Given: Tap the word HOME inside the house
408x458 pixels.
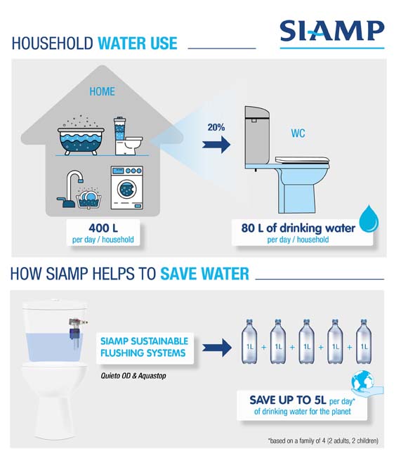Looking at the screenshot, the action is pyautogui.click(x=102, y=91).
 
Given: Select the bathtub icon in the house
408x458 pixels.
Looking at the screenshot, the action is pyautogui.click(x=81, y=136).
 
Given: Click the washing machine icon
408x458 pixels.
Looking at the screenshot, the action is pyautogui.click(x=127, y=188).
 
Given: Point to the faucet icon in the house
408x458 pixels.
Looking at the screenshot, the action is pyautogui.click(x=70, y=188).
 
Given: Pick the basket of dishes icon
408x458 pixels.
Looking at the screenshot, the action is pyautogui.click(x=88, y=198).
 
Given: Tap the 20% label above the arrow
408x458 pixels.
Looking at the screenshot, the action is pyautogui.click(x=216, y=127).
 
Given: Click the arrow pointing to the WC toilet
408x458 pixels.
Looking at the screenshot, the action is pyautogui.click(x=216, y=144).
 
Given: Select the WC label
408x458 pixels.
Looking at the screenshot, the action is pyautogui.click(x=298, y=133).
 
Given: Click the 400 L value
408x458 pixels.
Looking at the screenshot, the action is pyautogui.click(x=103, y=228).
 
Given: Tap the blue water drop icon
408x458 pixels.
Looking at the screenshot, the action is pyautogui.click(x=369, y=218).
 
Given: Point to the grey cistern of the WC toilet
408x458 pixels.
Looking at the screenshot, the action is pyautogui.click(x=257, y=137).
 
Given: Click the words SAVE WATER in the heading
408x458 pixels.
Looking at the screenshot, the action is pyautogui.click(x=204, y=273).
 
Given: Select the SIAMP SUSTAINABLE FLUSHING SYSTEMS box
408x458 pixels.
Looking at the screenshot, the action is pyautogui.click(x=145, y=348).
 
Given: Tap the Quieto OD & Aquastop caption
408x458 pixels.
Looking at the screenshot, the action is pyautogui.click(x=133, y=376).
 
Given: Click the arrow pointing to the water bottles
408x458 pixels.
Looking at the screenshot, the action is pyautogui.click(x=217, y=347).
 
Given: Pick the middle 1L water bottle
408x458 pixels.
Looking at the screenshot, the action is pyautogui.click(x=307, y=341).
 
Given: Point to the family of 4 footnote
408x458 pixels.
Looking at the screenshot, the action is pyautogui.click(x=323, y=440).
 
